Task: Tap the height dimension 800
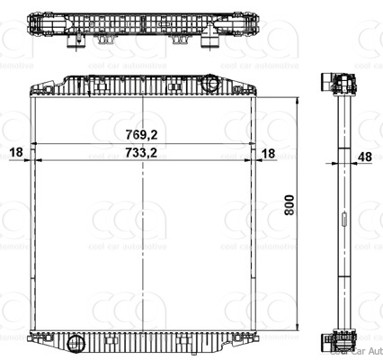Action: [x=289, y=207]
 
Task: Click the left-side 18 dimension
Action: [x=15, y=153]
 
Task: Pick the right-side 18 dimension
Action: [x=268, y=153]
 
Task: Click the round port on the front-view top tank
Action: [x=212, y=83]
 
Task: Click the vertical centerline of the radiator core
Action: [x=144, y=243]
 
